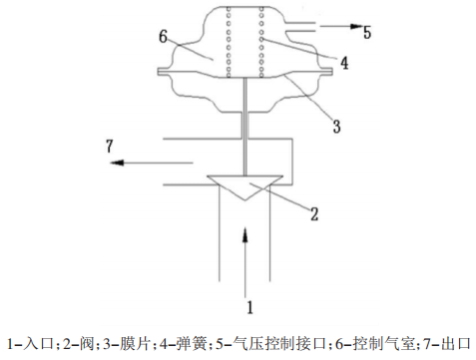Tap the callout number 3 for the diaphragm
336,127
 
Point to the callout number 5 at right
366,32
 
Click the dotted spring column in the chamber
244,45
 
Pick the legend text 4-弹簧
183,344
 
